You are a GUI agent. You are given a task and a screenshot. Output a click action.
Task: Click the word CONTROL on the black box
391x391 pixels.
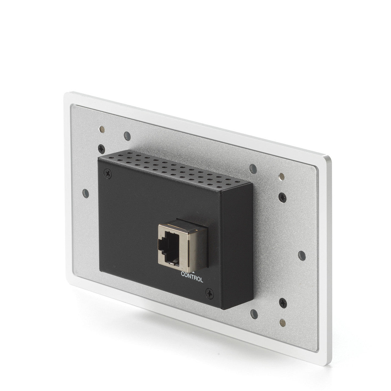192,277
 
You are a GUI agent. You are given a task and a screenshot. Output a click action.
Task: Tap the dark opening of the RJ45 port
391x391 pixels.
169,247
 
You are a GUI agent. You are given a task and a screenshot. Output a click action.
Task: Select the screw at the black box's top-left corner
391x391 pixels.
108,174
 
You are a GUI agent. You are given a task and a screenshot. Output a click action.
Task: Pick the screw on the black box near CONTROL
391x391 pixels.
210,294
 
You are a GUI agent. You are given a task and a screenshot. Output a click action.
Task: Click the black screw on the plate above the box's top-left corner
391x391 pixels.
101,149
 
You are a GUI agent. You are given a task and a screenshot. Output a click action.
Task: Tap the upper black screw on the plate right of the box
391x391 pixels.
283,197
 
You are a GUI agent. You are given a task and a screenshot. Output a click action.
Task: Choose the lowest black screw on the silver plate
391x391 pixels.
283,303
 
